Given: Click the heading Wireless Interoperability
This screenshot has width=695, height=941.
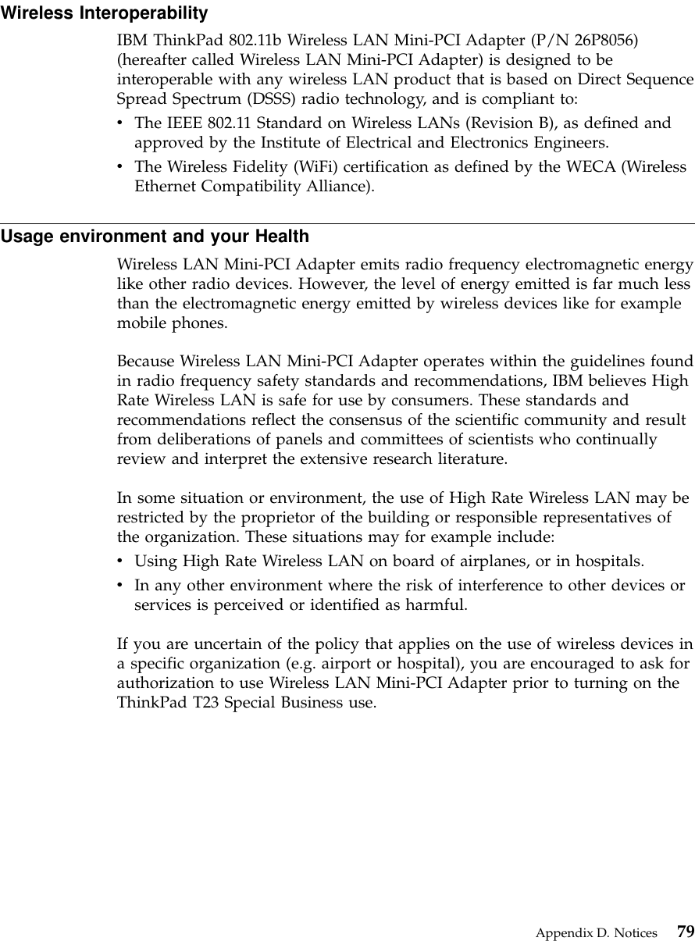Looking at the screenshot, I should click(x=104, y=13).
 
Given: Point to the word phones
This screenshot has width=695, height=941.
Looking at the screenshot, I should click(x=202, y=322).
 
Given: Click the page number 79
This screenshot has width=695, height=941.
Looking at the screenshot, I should click(x=685, y=932).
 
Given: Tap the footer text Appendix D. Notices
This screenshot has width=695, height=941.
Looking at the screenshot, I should click(x=596, y=932).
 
